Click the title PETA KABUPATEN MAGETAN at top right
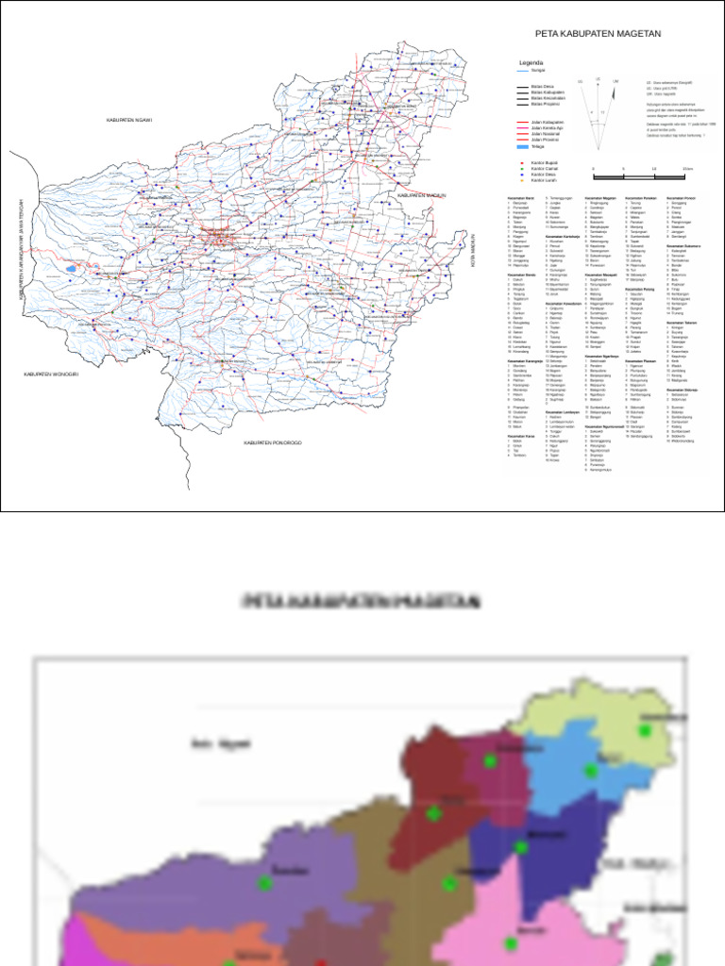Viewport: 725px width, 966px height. click(598, 33)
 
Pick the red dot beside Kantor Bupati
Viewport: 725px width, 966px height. click(522, 162)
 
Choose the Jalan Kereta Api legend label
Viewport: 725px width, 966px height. click(548, 128)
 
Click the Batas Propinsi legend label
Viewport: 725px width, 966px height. click(545, 104)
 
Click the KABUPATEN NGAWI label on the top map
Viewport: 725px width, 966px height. click(129, 121)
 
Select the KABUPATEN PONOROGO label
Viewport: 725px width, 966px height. click(272, 442)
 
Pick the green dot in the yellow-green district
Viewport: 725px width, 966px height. click(646, 730)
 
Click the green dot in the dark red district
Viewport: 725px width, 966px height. click(433, 812)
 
